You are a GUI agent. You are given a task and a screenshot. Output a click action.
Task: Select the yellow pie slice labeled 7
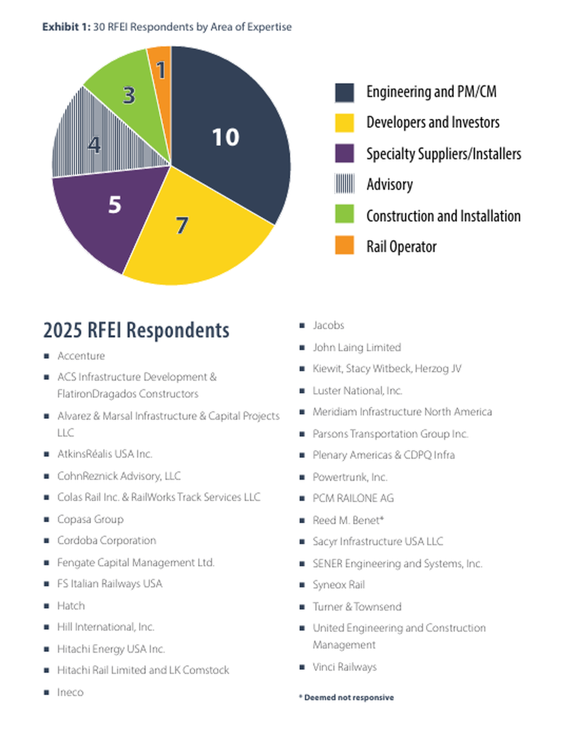(x=192, y=237)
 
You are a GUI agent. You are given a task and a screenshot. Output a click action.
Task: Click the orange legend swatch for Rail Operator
(x=344, y=246)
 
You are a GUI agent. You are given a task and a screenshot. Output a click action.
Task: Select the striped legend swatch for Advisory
(x=344, y=184)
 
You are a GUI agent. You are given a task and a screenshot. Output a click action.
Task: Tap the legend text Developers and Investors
(x=433, y=122)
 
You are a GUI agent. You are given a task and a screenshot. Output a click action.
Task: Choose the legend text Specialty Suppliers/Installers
(x=443, y=154)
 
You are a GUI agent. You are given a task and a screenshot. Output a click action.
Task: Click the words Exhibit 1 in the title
(x=66, y=27)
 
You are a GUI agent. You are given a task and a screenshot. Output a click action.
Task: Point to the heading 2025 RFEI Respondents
(x=136, y=330)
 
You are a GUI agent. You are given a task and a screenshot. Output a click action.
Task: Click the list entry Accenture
(x=81, y=356)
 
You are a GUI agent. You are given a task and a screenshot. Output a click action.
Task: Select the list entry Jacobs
(x=328, y=325)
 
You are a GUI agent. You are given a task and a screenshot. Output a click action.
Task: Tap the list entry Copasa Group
(x=90, y=519)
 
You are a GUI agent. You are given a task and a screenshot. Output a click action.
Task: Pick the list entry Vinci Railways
(x=345, y=667)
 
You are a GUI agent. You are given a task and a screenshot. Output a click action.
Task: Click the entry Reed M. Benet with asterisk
(x=348, y=520)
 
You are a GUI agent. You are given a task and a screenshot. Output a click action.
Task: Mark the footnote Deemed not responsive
(x=348, y=698)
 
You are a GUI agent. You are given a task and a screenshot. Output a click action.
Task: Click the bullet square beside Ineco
(x=46, y=693)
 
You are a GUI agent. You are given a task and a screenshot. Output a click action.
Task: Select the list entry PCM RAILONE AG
(x=353, y=499)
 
